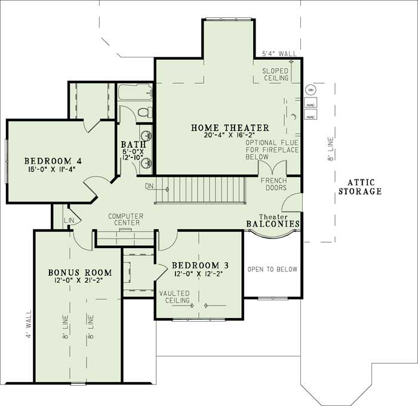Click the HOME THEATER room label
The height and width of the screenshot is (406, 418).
[230, 127]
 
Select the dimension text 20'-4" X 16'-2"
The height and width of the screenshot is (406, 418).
[230, 136]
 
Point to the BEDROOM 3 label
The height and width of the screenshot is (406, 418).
[199, 265]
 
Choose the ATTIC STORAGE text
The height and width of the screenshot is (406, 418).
[359, 187]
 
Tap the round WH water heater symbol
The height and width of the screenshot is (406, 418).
[310, 90]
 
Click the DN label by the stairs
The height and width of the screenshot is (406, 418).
[149, 187]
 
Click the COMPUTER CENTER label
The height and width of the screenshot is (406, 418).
[124, 219]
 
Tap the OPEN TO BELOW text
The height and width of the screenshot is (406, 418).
[272, 269]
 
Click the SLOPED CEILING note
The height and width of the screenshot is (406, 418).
[276, 74]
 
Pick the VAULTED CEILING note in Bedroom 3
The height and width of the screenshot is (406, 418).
[174, 297]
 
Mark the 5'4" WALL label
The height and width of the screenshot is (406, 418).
[279, 54]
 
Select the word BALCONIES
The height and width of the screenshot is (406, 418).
[272, 224]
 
